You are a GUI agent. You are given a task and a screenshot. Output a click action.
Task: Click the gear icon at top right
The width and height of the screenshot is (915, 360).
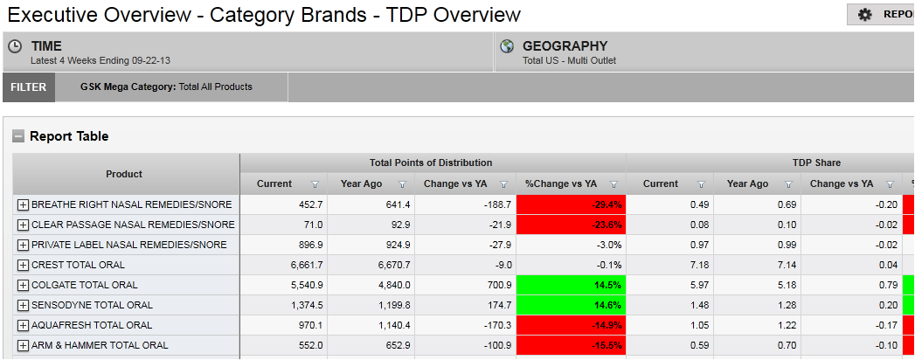(865, 15)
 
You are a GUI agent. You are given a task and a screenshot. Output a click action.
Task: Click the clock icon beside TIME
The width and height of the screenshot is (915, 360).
(15, 47)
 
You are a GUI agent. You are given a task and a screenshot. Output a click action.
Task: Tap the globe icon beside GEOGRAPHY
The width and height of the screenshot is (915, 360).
(506, 46)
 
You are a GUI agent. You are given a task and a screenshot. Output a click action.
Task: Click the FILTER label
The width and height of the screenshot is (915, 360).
(29, 87)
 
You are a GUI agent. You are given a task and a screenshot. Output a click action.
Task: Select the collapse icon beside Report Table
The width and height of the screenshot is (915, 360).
(17, 136)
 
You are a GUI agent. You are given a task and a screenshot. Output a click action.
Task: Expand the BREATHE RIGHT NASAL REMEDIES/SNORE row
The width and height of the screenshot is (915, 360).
(23, 204)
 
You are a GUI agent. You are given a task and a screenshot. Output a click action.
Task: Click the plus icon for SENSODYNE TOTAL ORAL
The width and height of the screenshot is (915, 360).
(23, 305)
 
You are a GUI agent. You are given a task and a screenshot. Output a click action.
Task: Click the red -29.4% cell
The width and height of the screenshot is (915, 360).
(571, 204)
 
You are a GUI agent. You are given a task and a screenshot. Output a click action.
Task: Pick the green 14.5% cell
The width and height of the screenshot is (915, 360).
(571, 285)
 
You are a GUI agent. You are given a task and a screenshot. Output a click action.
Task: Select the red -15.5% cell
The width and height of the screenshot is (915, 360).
(571, 345)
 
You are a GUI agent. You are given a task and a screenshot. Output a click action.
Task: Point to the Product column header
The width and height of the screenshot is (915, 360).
(124, 174)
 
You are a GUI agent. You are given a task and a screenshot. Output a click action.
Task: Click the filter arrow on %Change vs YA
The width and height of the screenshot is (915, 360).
(613, 184)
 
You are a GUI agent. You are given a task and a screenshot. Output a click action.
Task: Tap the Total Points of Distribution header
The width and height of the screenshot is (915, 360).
(431, 163)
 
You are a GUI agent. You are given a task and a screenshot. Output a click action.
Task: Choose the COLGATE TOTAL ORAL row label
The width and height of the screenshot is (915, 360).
(84, 285)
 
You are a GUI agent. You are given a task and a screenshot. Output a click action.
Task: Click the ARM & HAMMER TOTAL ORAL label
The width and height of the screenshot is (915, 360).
(100, 345)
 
